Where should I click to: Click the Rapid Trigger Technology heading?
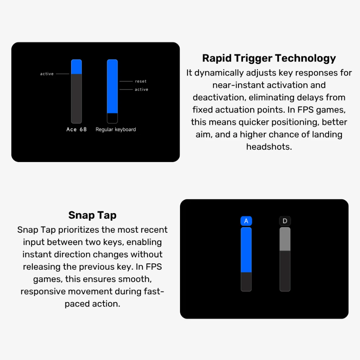pos(269,58)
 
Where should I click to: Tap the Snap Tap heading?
pos(92,216)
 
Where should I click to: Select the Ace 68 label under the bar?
pos(76,129)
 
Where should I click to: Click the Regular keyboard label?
pos(116,129)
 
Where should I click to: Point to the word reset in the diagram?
pos(141,81)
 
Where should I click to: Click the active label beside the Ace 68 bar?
pos(47,74)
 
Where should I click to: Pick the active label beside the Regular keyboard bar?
pos(141,89)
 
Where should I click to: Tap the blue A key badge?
pos(246,221)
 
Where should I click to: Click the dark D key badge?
pos(285,221)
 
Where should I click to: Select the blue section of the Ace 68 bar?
pos(76,67)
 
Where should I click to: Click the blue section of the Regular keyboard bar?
pos(112,86)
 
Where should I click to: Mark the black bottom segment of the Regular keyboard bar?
pos(112,118)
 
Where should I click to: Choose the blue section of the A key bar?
pos(246,250)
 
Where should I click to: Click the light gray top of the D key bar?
pos(285,239)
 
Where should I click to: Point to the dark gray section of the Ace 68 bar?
pos(76,99)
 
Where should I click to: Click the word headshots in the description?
pos(269,147)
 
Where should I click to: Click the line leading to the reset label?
pos(126,81)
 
